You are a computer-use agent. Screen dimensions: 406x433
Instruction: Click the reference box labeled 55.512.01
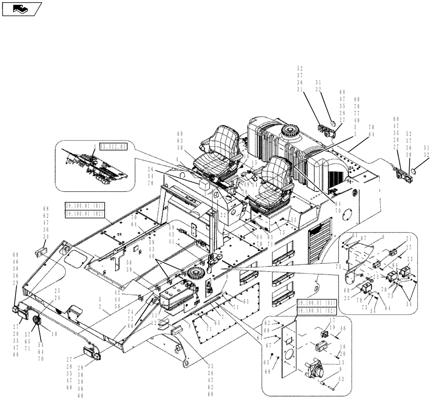(x=114, y=147)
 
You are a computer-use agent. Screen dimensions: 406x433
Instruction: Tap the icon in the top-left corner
(x=21, y=9)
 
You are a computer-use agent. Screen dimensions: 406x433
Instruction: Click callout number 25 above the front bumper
(x=57, y=291)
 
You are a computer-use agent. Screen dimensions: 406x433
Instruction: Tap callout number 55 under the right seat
(x=294, y=220)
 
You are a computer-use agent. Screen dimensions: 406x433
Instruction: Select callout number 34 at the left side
(x=46, y=236)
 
